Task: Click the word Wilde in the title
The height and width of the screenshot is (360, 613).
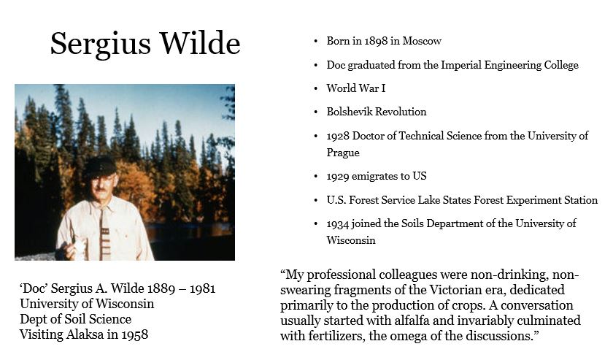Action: tap(200, 42)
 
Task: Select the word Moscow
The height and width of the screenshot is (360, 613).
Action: tap(422, 41)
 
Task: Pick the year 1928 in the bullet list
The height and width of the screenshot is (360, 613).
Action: tap(338, 136)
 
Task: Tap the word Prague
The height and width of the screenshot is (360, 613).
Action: tap(343, 153)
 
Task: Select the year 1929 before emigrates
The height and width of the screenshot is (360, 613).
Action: tap(338, 177)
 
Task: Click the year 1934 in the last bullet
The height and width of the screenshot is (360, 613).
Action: tap(338, 224)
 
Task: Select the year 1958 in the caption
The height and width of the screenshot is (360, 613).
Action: tap(134, 334)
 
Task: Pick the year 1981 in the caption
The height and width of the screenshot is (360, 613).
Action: tap(203, 288)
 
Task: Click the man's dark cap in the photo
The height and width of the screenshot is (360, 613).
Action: tap(100, 167)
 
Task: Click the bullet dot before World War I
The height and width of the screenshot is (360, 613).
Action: tap(315, 89)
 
